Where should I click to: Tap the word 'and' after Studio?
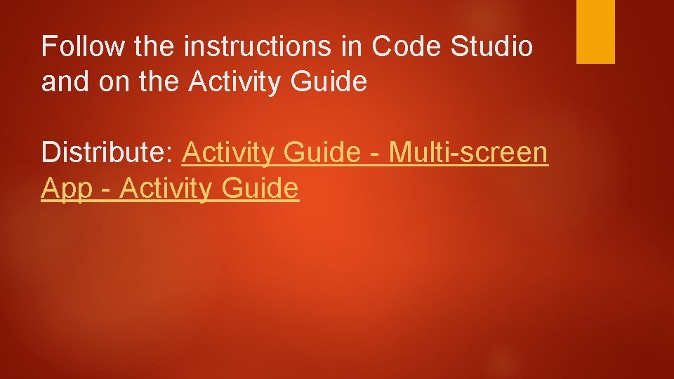[62, 83]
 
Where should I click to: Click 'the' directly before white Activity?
[155, 83]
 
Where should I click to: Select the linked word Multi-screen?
[468, 152]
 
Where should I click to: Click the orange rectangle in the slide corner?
[595, 31]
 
